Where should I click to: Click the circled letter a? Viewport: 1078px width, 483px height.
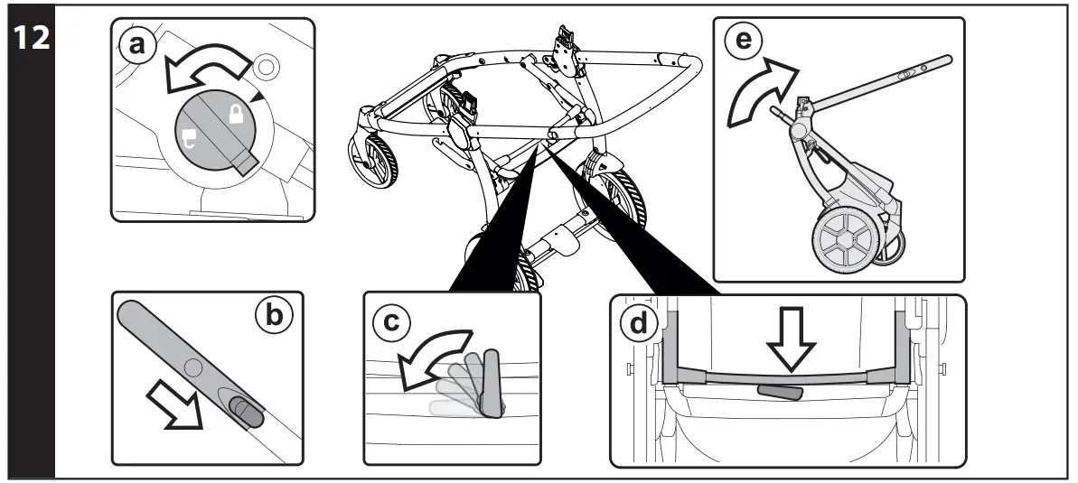[136, 46]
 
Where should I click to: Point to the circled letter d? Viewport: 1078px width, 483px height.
[638, 323]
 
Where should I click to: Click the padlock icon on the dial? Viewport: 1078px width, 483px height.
[236, 114]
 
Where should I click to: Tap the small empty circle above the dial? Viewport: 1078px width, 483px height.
[264, 66]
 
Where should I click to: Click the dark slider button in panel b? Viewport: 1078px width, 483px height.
[247, 411]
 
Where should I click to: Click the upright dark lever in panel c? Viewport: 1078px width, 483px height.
[492, 381]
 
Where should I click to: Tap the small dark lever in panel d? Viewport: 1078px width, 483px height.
[783, 392]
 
